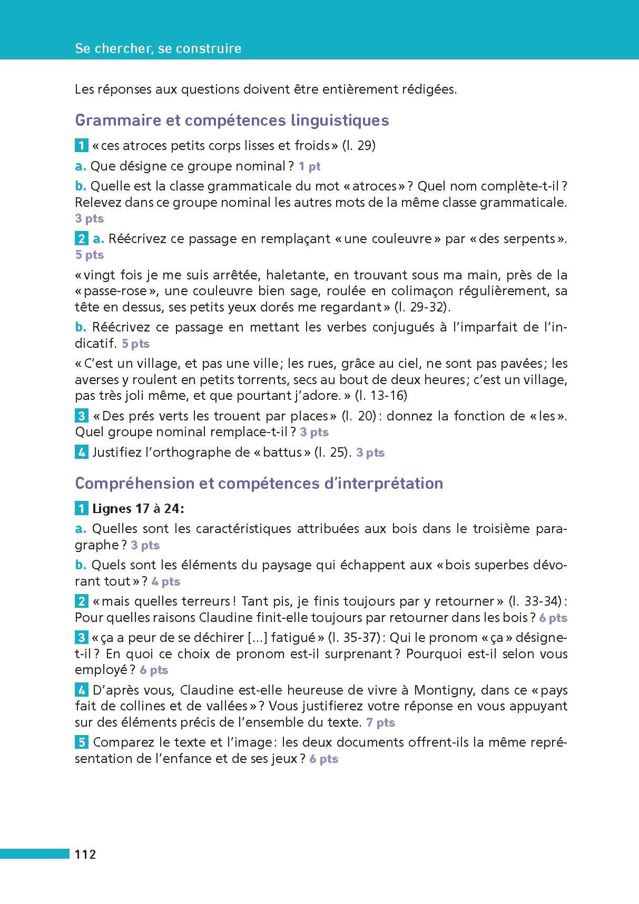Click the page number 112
coord(85,855)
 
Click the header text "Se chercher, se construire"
coord(158,48)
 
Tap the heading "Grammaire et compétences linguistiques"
coord(232,120)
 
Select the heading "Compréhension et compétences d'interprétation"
coord(259,483)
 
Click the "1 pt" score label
coord(309,167)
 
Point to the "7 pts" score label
coord(380,723)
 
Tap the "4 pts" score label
coord(165,582)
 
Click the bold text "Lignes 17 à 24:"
coord(138,509)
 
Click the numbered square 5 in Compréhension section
coord(82,742)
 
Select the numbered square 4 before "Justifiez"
coord(82,452)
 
